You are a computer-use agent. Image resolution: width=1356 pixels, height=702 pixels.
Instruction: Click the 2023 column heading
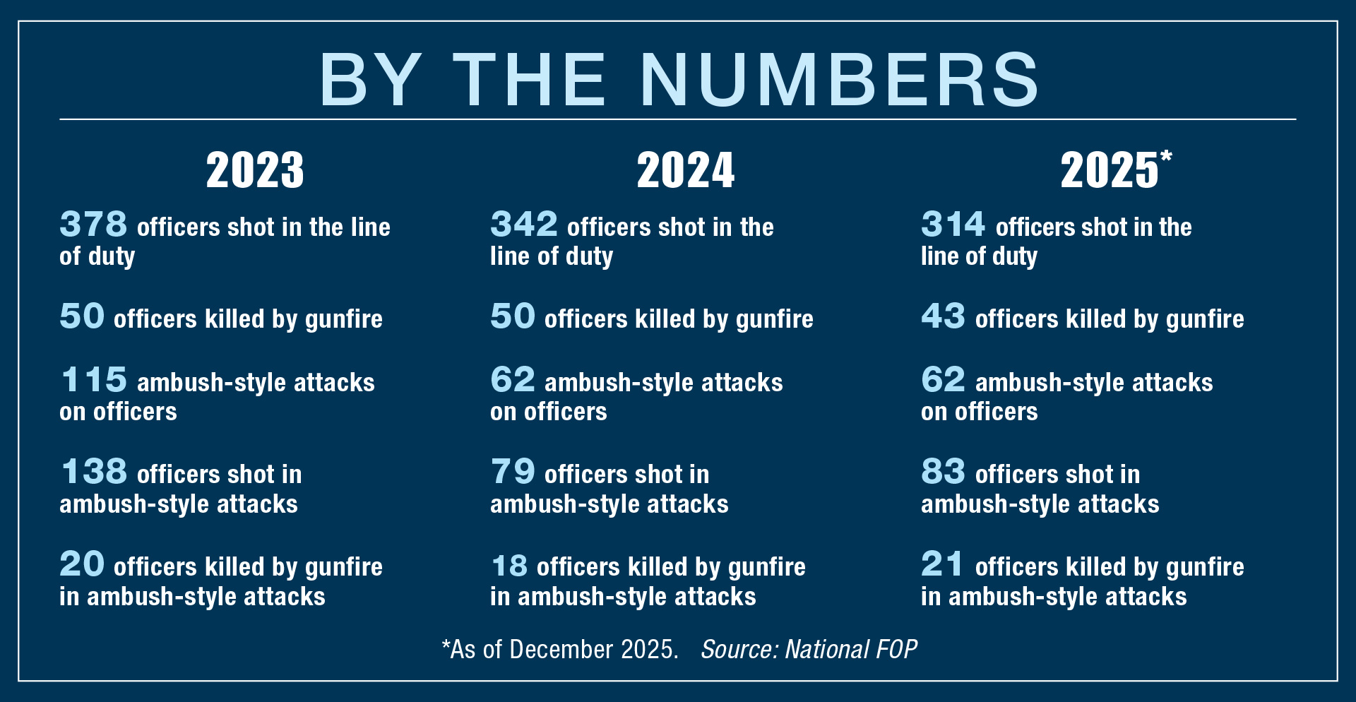click(x=255, y=170)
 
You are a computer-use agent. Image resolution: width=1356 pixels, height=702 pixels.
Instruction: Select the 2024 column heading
click(x=685, y=170)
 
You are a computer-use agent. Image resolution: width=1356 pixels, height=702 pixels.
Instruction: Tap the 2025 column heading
click(x=1110, y=170)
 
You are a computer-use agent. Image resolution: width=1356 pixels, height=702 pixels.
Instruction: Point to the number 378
click(x=93, y=225)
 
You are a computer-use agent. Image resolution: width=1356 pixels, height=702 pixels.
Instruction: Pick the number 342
click(x=524, y=225)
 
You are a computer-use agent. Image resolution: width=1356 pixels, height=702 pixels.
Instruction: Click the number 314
click(x=953, y=225)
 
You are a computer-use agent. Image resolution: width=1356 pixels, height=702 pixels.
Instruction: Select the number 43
click(x=943, y=316)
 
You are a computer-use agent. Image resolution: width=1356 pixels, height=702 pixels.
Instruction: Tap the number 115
click(x=94, y=380)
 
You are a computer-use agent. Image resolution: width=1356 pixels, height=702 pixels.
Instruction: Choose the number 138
click(x=94, y=472)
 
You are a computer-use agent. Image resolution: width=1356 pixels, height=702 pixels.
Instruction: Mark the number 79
click(x=513, y=472)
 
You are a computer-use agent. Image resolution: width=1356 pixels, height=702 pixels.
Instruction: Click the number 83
click(x=943, y=472)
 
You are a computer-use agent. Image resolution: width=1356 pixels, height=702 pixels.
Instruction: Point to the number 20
click(x=82, y=564)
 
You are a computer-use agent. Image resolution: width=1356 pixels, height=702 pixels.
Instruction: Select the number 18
click(x=509, y=566)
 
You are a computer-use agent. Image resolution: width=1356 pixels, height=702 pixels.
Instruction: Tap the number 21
click(x=942, y=564)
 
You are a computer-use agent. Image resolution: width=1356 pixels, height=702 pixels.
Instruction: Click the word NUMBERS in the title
click(x=839, y=79)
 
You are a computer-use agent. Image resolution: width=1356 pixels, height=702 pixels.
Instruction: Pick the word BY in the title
click(x=371, y=79)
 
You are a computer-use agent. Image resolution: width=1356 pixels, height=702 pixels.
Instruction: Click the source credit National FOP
click(x=850, y=649)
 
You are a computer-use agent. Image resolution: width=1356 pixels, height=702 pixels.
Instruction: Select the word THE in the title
click(x=530, y=79)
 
